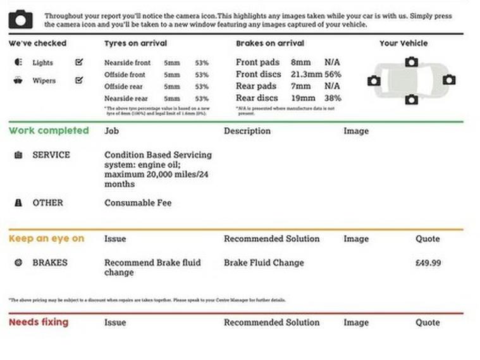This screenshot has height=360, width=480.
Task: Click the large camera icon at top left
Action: coord(21,19)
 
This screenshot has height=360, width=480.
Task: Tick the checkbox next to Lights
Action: coord(79,63)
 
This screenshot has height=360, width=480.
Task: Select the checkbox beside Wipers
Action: coord(79,80)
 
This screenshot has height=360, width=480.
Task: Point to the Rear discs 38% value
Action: coord(333,98)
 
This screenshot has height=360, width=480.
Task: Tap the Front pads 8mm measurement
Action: coord(301,63)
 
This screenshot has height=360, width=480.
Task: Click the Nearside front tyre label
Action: coord(127,63)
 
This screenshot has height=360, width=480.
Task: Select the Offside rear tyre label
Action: coord(125,87)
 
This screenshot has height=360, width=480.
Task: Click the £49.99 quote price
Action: coord(428,263)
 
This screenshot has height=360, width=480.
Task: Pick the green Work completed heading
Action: coord(49,131)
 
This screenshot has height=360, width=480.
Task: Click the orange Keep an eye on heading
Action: coord(46,239)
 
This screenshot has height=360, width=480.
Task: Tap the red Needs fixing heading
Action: coord(39,322)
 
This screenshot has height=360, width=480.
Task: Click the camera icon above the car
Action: coord(412,61)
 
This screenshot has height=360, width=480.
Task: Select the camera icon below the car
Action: coord(412,99)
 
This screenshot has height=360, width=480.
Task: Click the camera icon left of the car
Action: coord(374,80)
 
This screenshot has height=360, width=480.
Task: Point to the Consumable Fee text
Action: coord(137,203)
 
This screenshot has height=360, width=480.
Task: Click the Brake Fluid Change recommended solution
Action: coord(264,263)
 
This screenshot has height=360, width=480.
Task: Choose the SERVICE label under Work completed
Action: coord(51,155)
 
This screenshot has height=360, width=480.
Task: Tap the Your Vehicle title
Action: coord(403,44)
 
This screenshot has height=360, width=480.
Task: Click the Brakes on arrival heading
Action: coord(269,44)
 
